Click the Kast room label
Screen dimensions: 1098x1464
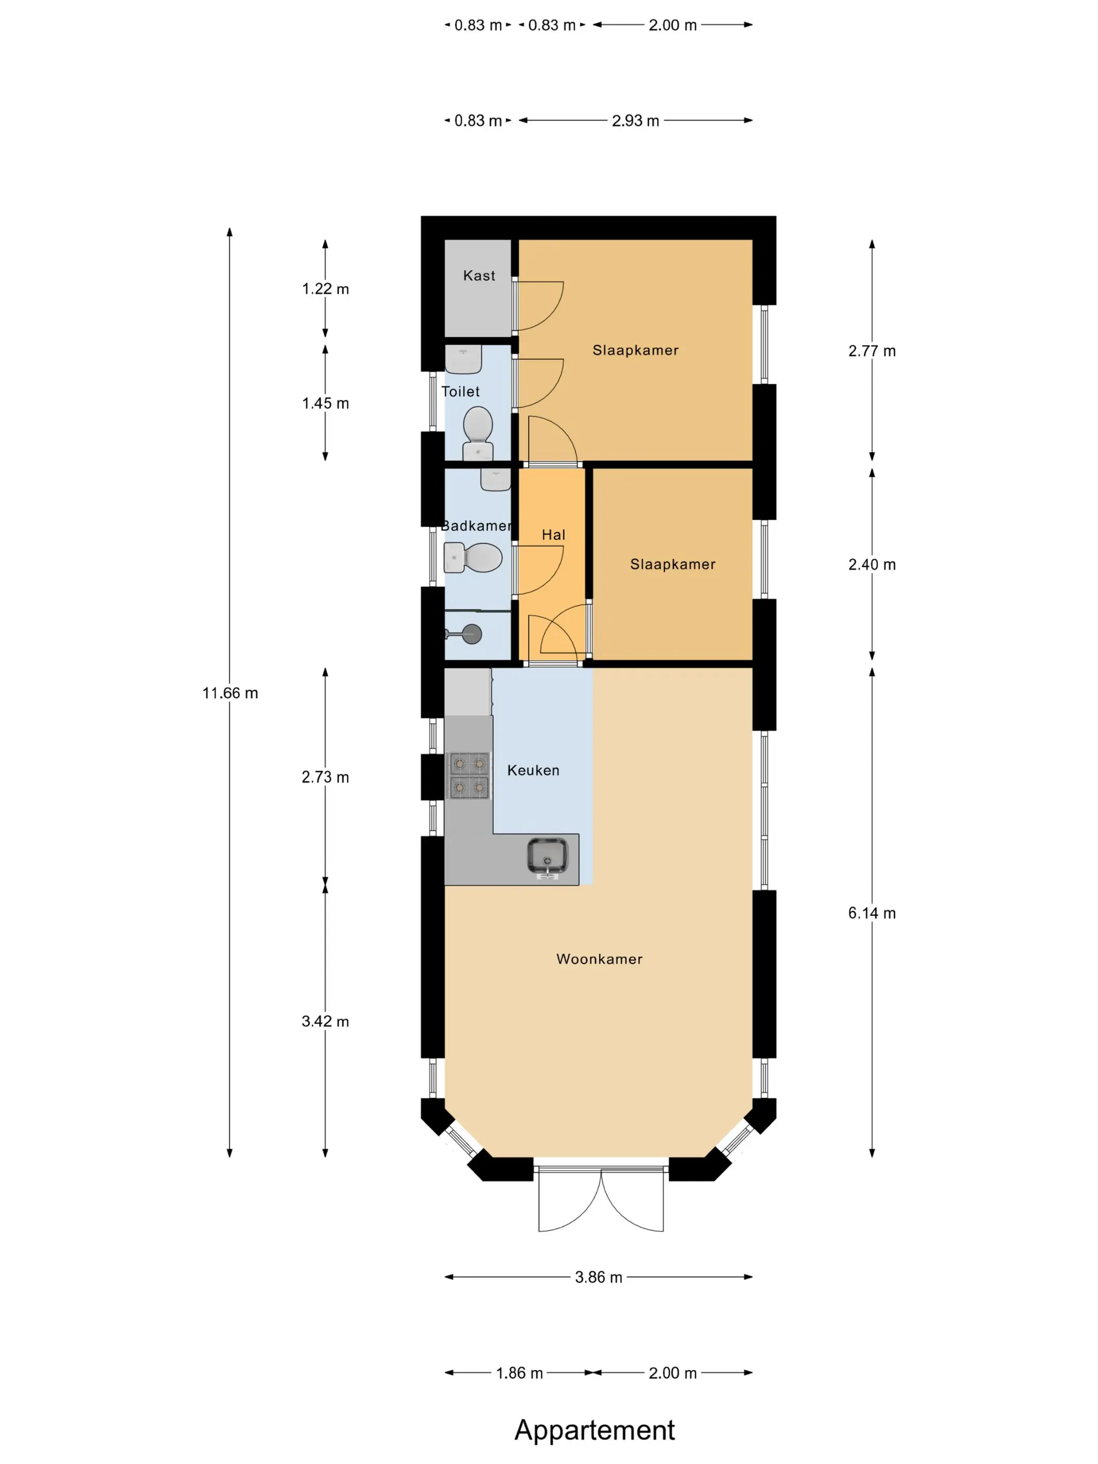pyautogui.click(x=478, y=276)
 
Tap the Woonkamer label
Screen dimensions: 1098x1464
pyautogui.click(x=599, y=959)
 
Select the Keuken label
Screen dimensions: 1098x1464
pyautogui.click(x=533, y=770)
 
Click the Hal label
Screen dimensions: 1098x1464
pyautogui.click(x=553, y=535)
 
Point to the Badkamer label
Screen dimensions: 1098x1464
pyautogui.click(x=476, y=525)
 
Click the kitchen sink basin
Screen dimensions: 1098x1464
pyautogui.click(x=547, y=856)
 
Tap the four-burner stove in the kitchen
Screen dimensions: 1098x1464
pyautogui.click(x=469, y=775)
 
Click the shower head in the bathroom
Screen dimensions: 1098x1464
pyautogui.click(x=472, y=634)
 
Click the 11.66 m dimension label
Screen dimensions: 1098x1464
pyautogui.click(x=230, y=693)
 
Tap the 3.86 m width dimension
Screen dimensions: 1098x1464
pyautogui.click(x=598, y=1277)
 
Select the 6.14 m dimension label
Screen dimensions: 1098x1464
pyautogui.click(x=872, y=913)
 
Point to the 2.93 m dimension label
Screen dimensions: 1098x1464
pyautogui.click(x=635, y=120)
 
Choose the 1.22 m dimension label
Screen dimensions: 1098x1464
pyautogui.click(x=325, y=289)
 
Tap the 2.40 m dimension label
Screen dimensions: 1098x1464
pyautogui.click(x=872, y=565)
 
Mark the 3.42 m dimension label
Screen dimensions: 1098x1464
pyautogui.click(x=325, y=1021)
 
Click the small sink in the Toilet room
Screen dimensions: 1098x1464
pyautogui.click(x=463, y=359)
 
